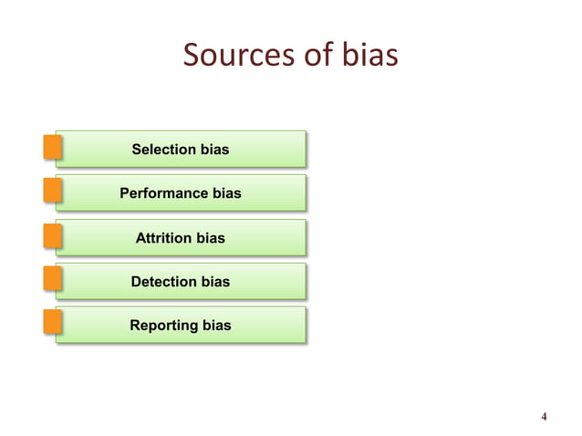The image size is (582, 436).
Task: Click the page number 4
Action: tap(544, 419)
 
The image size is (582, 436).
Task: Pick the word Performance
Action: tap(165, 193)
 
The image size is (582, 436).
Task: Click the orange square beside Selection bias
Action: tap(52, 148)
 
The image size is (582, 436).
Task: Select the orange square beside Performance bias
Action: tap(52, 192)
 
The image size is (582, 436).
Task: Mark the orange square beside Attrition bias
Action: tap(52, 236)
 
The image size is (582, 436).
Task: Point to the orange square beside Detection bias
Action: tap(52, 280)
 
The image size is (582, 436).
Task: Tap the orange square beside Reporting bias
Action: tap(52, 324)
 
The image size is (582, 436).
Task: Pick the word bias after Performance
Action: tap(227, 193)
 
